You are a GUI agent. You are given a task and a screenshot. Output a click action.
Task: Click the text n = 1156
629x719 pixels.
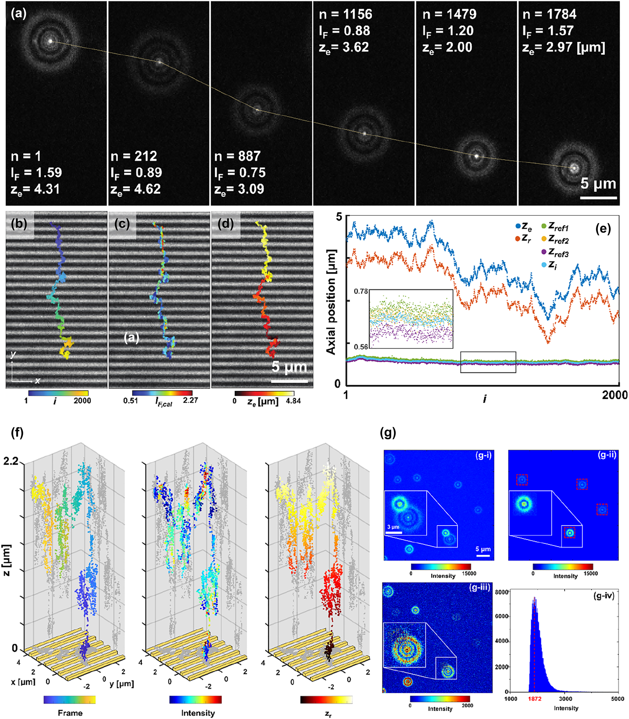click(x=345, y=14)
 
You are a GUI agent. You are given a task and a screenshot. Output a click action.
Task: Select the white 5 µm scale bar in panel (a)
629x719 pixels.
click(x=598, y=198)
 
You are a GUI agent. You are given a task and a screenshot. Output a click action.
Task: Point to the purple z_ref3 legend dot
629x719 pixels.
click(x=544, y=252)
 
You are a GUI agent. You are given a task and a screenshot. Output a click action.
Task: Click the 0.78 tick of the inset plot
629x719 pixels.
click(x=361, y=291)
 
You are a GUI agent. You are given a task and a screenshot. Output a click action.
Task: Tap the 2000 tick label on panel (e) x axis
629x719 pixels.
click(x=615, y=395)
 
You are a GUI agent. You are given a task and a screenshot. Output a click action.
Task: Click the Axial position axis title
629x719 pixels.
click(x=331, y=302)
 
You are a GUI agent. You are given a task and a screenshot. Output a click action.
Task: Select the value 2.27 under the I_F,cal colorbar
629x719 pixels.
click(x=190, y=400)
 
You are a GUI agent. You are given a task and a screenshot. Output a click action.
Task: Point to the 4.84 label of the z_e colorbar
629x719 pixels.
click(x=293, y=401)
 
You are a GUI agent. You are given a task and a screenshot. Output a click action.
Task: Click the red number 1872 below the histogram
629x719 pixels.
click(x=535, y=699)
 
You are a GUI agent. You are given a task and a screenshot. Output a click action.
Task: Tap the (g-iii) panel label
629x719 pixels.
click(x=479, y=587)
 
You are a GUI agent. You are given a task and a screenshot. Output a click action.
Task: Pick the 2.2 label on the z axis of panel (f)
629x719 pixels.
click(x=11, y=461)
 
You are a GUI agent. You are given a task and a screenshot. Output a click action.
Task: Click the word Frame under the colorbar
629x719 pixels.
click(x=70, y=713)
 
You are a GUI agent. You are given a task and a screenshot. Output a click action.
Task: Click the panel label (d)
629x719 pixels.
click(x=226, y=224)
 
